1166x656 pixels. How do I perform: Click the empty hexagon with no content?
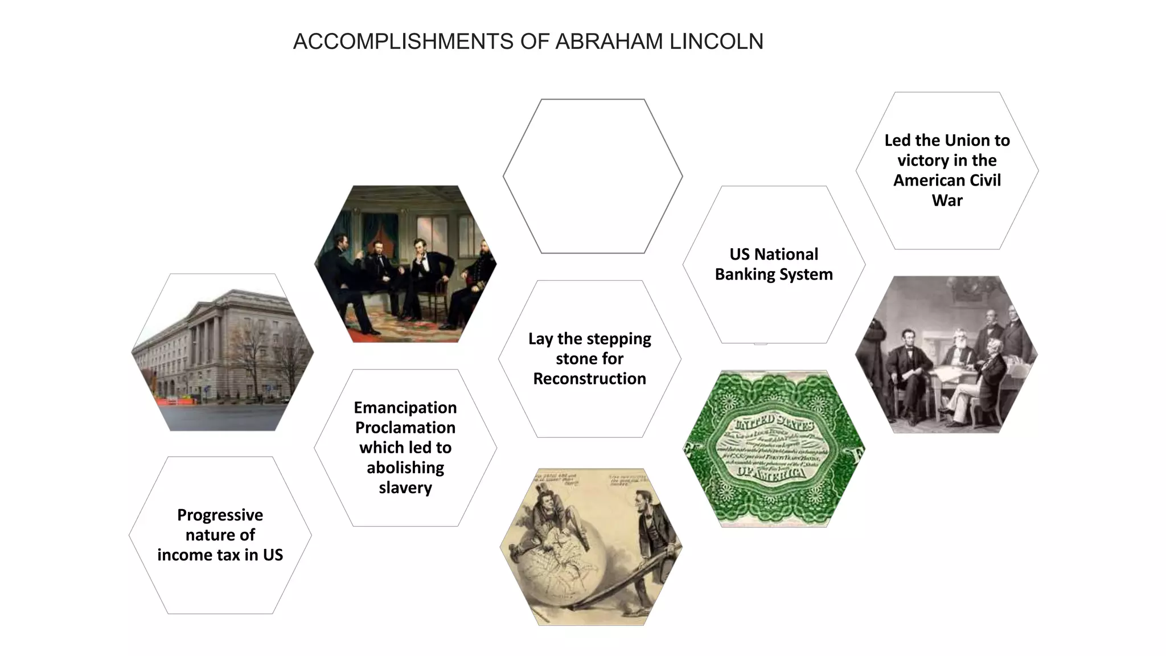click(592, 176)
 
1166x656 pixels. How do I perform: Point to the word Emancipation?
click(405, 408)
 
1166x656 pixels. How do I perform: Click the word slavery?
click(405, 488)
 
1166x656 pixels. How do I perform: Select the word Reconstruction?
click(589, 379)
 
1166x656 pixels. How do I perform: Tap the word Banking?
click(742, 274)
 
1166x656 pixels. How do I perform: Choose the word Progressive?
click(220, 515)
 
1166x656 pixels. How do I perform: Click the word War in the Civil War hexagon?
click(947, 200)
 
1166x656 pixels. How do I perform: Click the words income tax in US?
click(220, 555)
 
